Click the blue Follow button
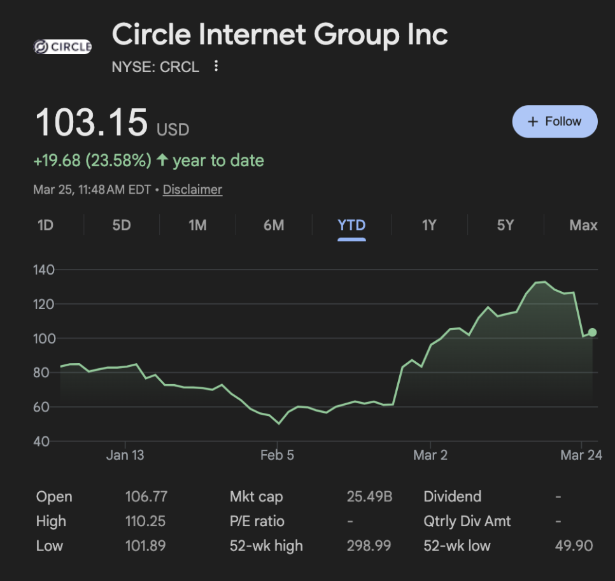(x=555, y=122)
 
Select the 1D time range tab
(x=45, y=225)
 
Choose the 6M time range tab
(x=274, y=225)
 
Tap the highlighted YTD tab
(x=351, y=225)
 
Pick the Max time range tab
(x=583, y=225)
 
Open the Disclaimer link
(x=192, y=189)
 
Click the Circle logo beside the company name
(x=62, y=47)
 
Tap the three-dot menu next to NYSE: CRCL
(x=216, y=66)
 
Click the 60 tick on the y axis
(x=43, y=406)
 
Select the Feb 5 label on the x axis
(x=277, y=455)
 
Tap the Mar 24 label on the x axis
(x=581, y=455)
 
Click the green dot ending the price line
(x=592, y=332)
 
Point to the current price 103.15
(x=92, y=122)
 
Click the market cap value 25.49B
(x=369, y=497)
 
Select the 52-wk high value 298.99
(x=369, y=546)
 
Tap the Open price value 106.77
(x=146, y=497)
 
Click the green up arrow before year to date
(x=162, y=161)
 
